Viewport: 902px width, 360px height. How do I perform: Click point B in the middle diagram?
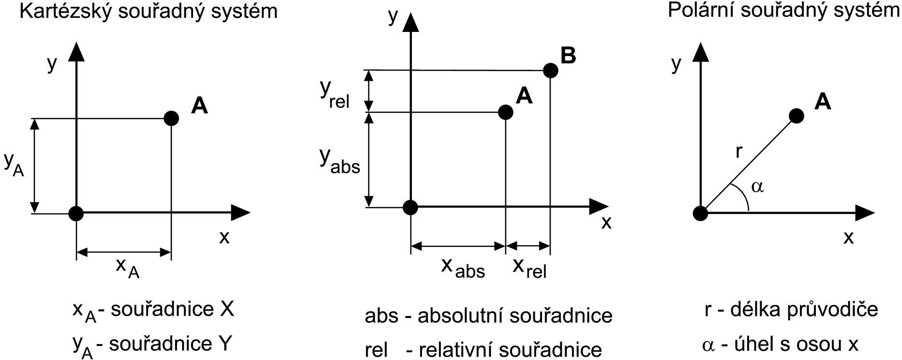coord(550,71)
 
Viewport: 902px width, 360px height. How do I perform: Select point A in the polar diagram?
coord(796,116)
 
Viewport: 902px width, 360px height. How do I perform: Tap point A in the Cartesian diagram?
coord(171,118)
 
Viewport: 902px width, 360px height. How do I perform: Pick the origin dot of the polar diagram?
coord(700,212)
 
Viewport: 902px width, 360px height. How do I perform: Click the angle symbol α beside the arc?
coord(757,186)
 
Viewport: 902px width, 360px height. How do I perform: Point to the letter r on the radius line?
coord(738,151)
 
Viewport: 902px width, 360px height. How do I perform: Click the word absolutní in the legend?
coord(459,316)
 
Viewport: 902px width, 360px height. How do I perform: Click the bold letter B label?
coord(569,55)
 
